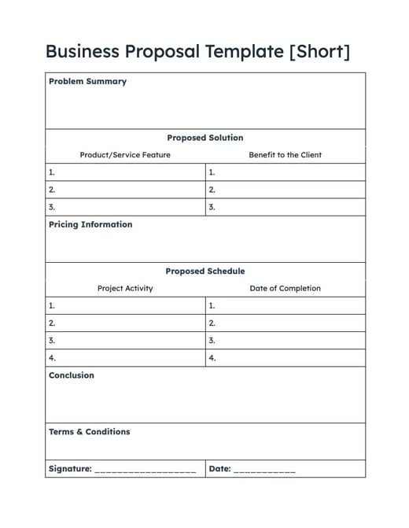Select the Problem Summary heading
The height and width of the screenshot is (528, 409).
[87, 82]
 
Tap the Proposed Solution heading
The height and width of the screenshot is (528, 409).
[204, 138]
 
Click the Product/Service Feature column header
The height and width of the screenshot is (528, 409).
[125, 155]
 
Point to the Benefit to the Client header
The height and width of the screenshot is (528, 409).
[285, 155]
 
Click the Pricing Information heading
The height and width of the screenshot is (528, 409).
[90, 225]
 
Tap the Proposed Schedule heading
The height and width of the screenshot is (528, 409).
[204, 271]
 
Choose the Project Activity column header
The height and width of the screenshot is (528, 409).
[125, 289]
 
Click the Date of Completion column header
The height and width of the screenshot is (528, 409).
[285, 289]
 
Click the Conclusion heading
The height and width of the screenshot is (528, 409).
[71, 375]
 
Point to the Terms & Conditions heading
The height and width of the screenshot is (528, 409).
[89, 432]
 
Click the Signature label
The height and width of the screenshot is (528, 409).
[70, 469]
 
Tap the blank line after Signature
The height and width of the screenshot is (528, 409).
[145, 471]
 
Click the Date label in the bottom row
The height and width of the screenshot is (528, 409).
[219, 469]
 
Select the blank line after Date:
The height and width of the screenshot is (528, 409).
[264, 471]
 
